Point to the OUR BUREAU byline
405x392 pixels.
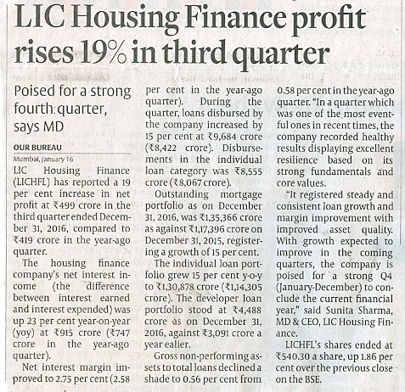37,148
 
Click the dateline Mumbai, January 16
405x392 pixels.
43,160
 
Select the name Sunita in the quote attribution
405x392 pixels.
339,311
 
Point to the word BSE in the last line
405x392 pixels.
312,379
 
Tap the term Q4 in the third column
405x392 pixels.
385,276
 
